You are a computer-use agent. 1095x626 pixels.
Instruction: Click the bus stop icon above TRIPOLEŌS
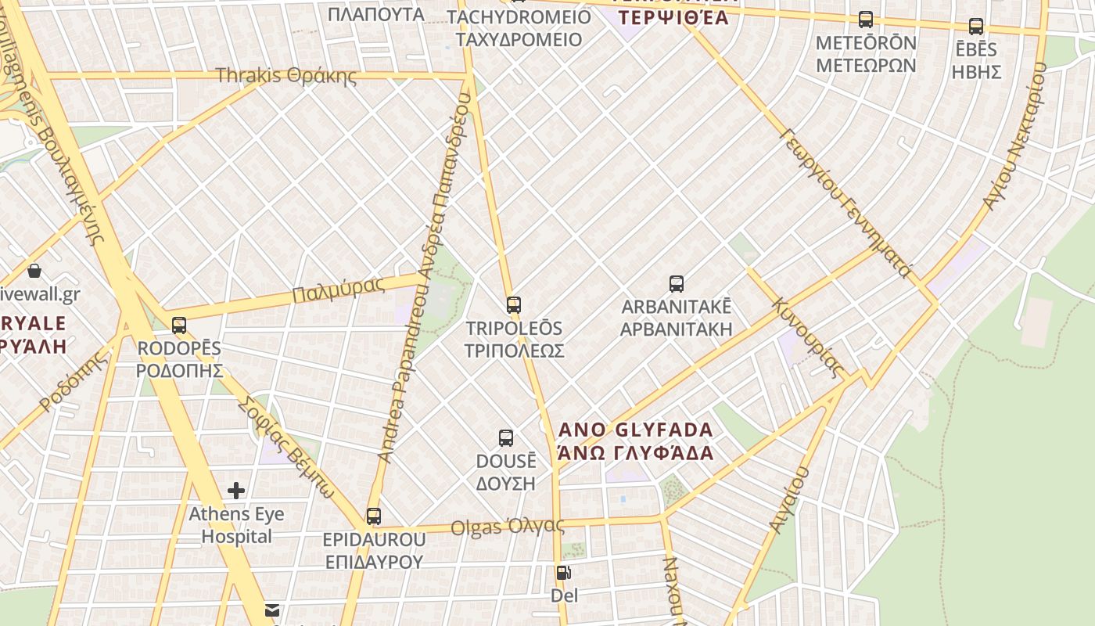click(514, 305)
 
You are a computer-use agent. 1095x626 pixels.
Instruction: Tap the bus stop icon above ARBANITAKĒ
click(677, 284)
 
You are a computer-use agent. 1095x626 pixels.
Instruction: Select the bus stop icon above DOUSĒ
click(506, 438)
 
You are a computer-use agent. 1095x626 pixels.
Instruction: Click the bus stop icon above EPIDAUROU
click(374, 516)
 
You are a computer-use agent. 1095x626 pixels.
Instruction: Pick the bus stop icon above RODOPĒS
click(179, 326)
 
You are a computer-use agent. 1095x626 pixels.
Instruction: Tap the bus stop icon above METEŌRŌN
click(866, 20)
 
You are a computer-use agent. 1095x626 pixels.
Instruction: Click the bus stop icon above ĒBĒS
click(976, 27)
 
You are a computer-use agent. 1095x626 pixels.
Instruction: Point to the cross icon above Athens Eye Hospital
click(236, 491)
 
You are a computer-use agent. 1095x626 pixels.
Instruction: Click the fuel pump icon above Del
click(563, 573)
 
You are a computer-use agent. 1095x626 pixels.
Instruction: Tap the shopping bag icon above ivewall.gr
click(34, 272)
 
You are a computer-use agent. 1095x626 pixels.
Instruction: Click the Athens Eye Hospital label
click(236, 525)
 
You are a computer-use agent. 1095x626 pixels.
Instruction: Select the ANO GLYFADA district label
click(636, 441)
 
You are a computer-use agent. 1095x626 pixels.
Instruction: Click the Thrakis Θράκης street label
click(285, 76)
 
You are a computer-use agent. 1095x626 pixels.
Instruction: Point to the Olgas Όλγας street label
click(508, 527)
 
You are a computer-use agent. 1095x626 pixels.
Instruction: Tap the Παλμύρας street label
click(339, 290)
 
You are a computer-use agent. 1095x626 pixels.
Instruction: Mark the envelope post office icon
click(272, 610)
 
